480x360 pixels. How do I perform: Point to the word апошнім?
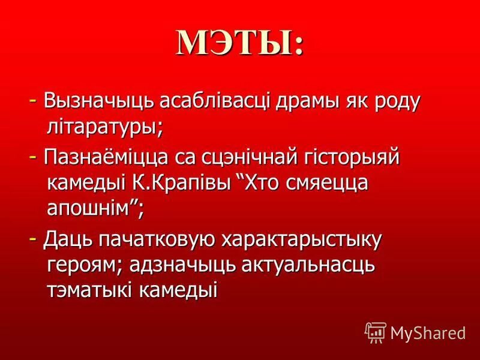[95, 209]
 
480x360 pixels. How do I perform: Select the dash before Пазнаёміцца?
[35, 157]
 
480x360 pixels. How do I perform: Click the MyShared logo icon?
[375, 331]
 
